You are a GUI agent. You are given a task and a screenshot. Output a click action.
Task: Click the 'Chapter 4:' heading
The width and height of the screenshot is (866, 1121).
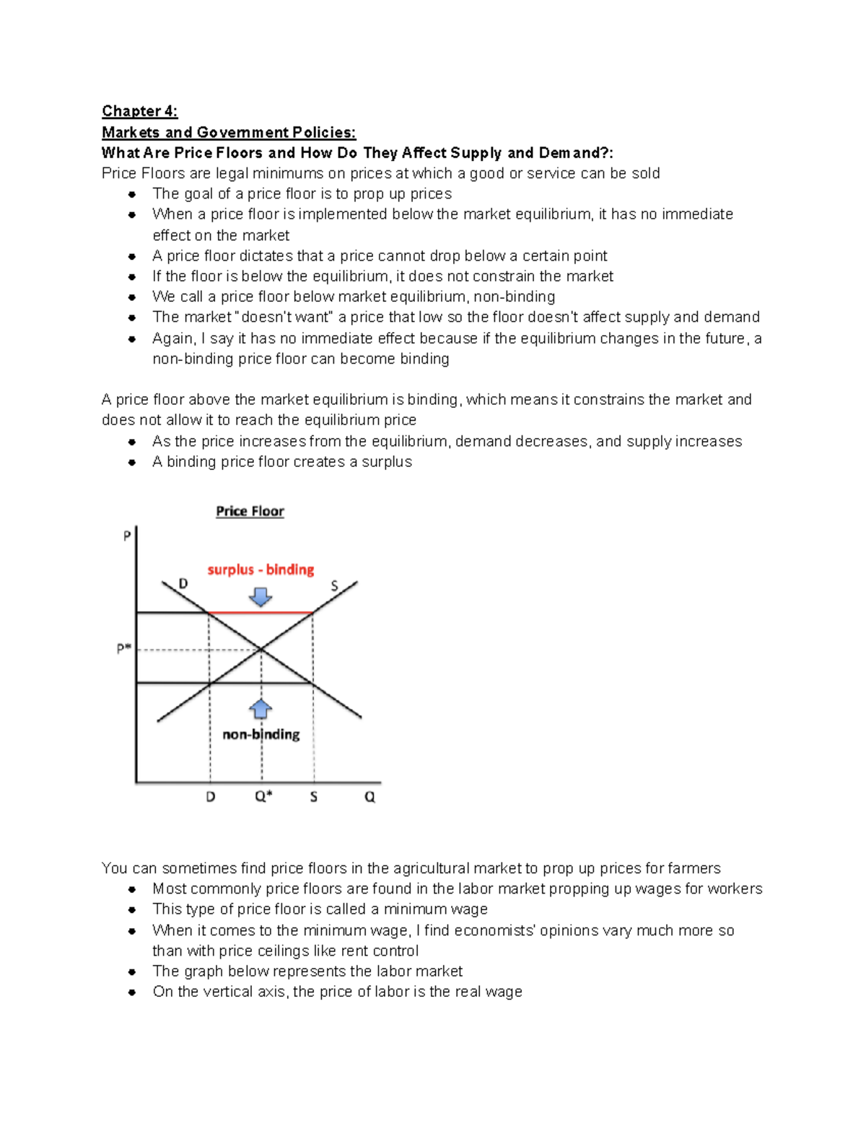pos(139,111)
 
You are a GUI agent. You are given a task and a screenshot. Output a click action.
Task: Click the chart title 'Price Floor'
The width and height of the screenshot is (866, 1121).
pos(250,511)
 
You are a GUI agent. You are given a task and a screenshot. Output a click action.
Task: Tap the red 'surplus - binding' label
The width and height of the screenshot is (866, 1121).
pos(261,570)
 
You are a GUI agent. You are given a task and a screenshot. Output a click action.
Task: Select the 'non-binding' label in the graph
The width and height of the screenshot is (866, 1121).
pos(261,734)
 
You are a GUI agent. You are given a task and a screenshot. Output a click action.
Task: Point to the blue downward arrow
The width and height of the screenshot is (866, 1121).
pos(261,596)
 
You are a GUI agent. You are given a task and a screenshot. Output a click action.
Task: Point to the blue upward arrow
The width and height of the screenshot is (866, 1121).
pos(261,709)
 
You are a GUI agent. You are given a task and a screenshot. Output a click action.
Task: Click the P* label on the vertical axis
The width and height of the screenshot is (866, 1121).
pos(124,649)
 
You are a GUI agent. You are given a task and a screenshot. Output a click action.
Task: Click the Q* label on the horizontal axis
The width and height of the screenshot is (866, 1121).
pos(263,797)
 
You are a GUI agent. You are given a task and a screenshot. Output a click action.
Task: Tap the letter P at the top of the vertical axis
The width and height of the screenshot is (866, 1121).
pos(127,536)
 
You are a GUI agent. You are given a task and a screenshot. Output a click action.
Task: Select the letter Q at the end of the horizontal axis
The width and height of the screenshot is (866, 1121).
pos(369,797)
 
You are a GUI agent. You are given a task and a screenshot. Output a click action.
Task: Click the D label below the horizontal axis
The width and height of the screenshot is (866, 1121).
pos(211,797)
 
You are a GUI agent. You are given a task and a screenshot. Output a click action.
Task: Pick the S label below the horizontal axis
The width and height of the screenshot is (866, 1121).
pos(313,797)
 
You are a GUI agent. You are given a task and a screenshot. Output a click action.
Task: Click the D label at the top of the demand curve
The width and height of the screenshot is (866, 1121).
pos(183,583)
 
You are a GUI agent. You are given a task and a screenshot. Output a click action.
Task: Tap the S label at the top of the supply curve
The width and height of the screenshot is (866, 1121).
pos(334,585)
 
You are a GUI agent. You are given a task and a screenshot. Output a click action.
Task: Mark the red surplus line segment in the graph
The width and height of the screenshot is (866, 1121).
pos(261,613)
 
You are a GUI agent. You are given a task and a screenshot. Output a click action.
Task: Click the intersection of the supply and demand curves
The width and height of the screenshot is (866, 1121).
pos(261,650)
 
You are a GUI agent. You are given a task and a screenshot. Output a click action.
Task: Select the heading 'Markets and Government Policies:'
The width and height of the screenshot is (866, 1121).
pos(229,132)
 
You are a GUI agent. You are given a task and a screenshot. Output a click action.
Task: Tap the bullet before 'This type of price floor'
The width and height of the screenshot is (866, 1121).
pos(132,910)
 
